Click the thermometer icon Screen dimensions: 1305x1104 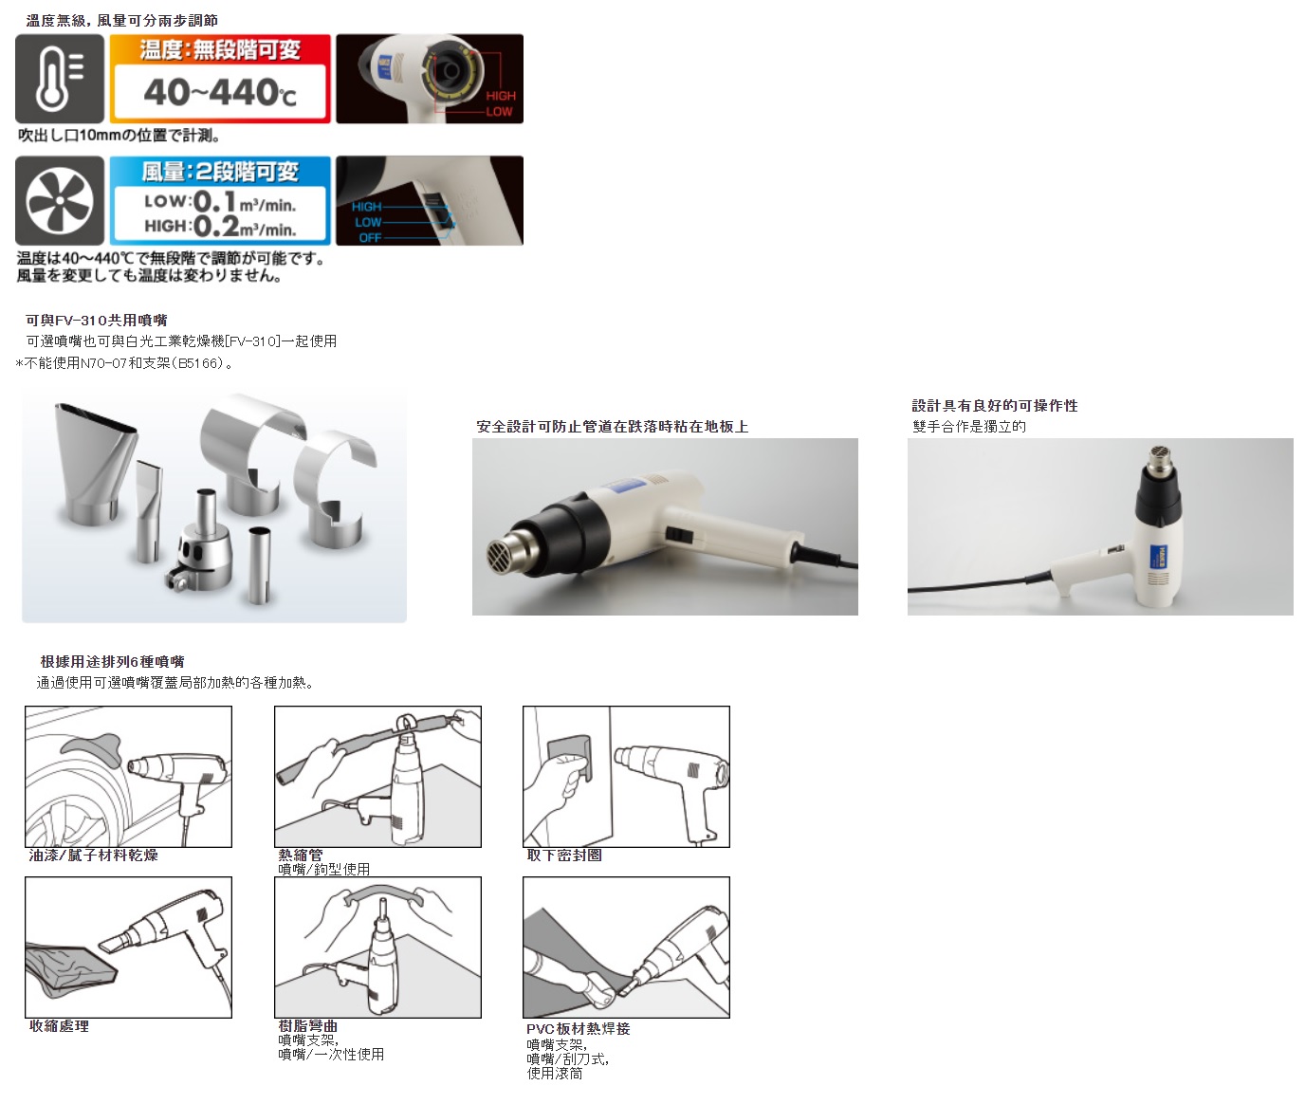[60, 79]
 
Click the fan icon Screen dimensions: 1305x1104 [60, 201]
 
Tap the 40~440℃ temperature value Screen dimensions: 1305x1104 [220, 92]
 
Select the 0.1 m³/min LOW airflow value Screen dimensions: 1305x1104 [220, 202]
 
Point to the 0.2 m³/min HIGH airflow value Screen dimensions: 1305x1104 [220, 226]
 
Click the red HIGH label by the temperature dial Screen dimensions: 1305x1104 [501, 96]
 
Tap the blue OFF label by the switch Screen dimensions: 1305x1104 [370, 237]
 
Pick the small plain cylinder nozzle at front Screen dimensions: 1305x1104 [260, 565]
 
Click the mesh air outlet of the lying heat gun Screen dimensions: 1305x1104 [505, 555]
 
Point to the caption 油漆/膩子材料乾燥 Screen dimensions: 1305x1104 [94, 856]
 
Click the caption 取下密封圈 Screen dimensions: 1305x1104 [564, 856]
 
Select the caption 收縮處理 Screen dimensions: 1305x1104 [59, 1026]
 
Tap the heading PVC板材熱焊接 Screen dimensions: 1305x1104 [579, 1029]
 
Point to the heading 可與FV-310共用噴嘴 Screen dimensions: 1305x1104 [97, 321]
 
